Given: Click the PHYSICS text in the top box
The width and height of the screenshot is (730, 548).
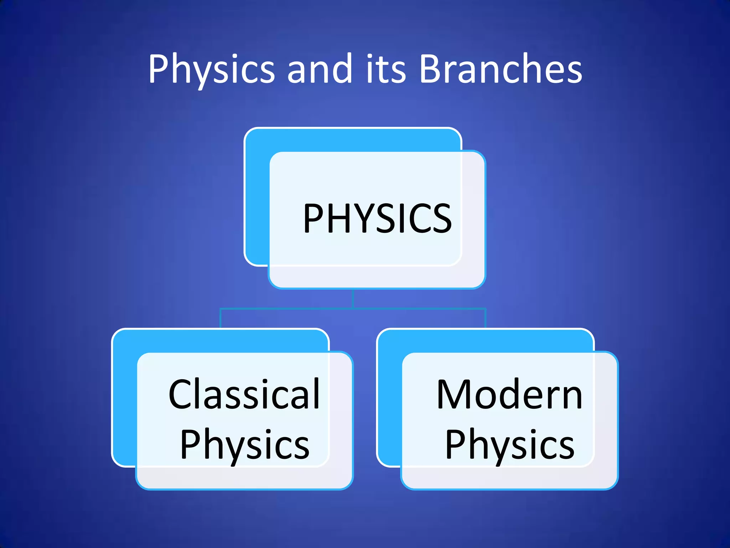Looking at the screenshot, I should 377,218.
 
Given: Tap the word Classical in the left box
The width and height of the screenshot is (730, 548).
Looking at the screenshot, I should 244,395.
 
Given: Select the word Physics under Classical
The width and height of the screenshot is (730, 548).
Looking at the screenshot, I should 245,445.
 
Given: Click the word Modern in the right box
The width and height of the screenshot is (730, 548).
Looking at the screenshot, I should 510,395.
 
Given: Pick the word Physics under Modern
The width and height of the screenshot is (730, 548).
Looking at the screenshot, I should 510,445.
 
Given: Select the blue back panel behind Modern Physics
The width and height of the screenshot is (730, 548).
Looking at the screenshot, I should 389,400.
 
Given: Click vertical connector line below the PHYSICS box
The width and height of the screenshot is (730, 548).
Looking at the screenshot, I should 353,298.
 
